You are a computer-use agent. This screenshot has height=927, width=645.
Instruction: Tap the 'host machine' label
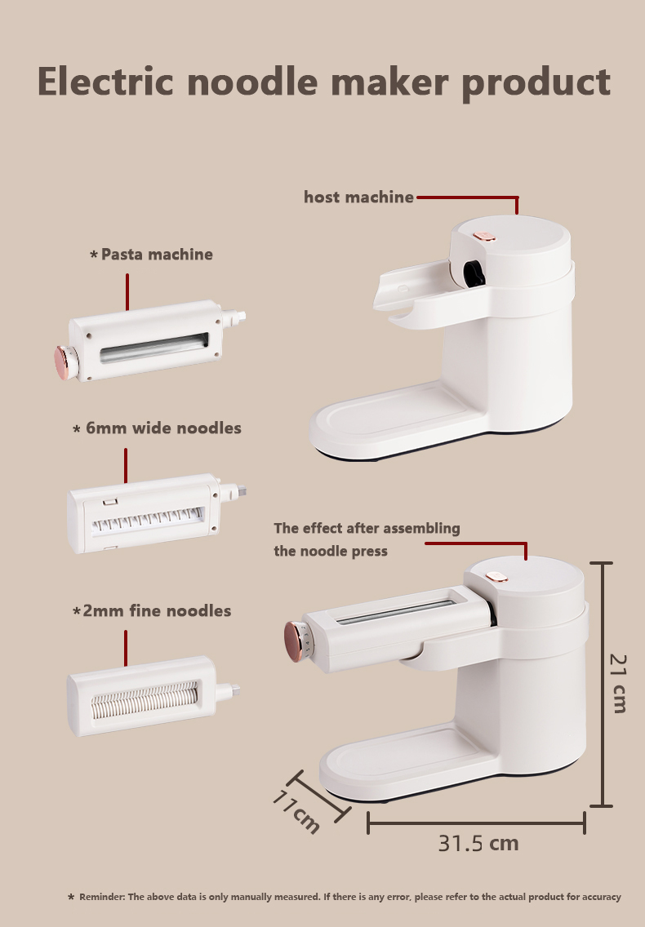pos(358,197)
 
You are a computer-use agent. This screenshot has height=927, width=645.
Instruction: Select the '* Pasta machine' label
pos(151,255)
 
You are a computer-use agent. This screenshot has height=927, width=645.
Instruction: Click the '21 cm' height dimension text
pos(620,683)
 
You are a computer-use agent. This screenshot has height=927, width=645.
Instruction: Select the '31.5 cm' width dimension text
pos(478,843)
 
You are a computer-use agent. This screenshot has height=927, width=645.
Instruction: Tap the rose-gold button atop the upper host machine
pos(484,237)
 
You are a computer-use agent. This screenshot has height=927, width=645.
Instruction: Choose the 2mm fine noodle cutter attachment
pos(145,695)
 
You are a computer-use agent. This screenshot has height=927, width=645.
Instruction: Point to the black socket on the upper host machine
pos(472,273)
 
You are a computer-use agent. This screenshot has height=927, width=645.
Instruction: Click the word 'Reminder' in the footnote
pos(102,897)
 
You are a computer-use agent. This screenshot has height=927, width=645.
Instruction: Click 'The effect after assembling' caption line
pos(367,528)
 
